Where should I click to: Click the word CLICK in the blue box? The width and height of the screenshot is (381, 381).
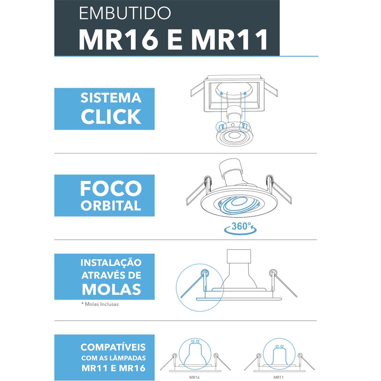click(111, 116)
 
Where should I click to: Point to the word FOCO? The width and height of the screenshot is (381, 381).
click(111, 188)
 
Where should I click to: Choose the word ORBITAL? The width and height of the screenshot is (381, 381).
click(111, 206)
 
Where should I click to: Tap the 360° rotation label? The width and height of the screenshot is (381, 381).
click(240, 227)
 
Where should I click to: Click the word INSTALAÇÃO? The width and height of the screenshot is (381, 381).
click(111, 263)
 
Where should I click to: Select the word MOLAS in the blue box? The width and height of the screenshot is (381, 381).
click(111, 288)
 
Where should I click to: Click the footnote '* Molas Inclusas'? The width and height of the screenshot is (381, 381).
click(99, 304)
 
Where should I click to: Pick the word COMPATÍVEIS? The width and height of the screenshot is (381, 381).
click(113, 347)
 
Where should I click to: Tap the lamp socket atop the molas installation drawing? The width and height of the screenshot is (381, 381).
click(239, 259)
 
